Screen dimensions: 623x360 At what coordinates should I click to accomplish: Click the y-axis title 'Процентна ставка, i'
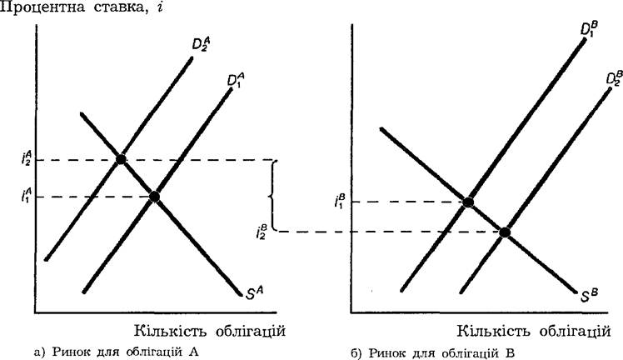click(x=82, y=7)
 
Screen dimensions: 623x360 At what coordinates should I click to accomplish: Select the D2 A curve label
click(x=201, y=45)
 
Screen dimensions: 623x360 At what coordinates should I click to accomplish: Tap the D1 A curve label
click(x=236, y=80)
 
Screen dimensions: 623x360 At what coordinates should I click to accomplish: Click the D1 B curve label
click(x=589, y=28)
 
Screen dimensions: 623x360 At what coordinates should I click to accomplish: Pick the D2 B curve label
click(x=615, y=77)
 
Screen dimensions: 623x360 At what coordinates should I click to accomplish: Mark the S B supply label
click(x=589, y=296)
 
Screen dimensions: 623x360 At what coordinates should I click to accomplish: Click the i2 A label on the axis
click(x=27, y=158)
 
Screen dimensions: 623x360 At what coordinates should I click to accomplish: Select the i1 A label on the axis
click(x=27, y=195)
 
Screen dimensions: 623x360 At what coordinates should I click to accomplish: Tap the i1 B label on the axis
click(x=340, y=201)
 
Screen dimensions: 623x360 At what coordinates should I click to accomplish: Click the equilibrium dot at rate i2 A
click(x=121, y=159)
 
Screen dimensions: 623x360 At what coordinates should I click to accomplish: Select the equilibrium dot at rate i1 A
click(x=154, y=197)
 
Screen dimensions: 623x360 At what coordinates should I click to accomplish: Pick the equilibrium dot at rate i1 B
click(x=468, y=202)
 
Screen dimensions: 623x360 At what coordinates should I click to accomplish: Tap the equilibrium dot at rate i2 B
click(x=504, y=232)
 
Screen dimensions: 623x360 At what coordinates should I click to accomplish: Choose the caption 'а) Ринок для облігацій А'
click(x=117, y=352)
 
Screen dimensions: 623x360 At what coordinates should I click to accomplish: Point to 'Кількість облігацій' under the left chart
click(x=210, y=330)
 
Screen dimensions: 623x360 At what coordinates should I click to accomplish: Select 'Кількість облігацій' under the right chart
click(x=534, y=331)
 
